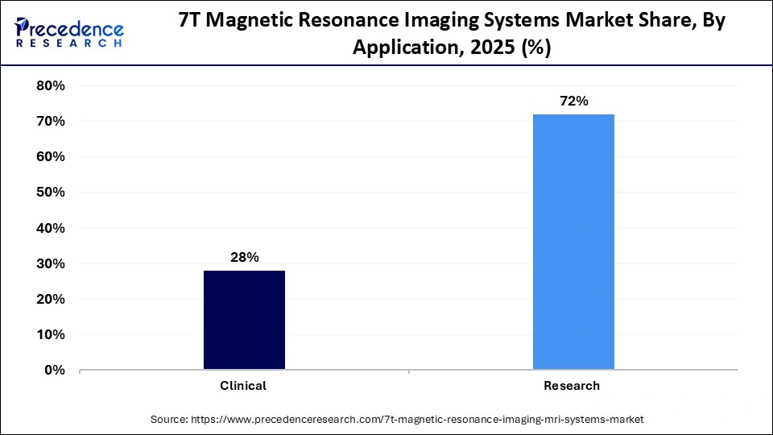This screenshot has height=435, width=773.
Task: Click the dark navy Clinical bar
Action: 244,320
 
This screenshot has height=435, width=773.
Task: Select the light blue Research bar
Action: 573,242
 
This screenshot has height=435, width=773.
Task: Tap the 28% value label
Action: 244,258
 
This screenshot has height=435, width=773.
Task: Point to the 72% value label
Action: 573,101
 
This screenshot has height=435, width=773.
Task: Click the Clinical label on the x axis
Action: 243,386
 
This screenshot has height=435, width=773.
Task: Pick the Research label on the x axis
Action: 572,386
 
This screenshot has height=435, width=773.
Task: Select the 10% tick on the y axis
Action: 50,335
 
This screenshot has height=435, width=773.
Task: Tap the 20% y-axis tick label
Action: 50,300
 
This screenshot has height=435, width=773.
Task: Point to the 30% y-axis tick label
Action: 50,264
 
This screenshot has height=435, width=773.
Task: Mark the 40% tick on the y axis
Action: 50,228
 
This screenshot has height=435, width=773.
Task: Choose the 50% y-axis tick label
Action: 50,193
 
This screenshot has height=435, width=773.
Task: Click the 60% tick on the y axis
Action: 50,157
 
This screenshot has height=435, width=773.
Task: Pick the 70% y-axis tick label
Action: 50,122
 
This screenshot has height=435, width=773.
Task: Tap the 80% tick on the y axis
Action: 50,85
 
